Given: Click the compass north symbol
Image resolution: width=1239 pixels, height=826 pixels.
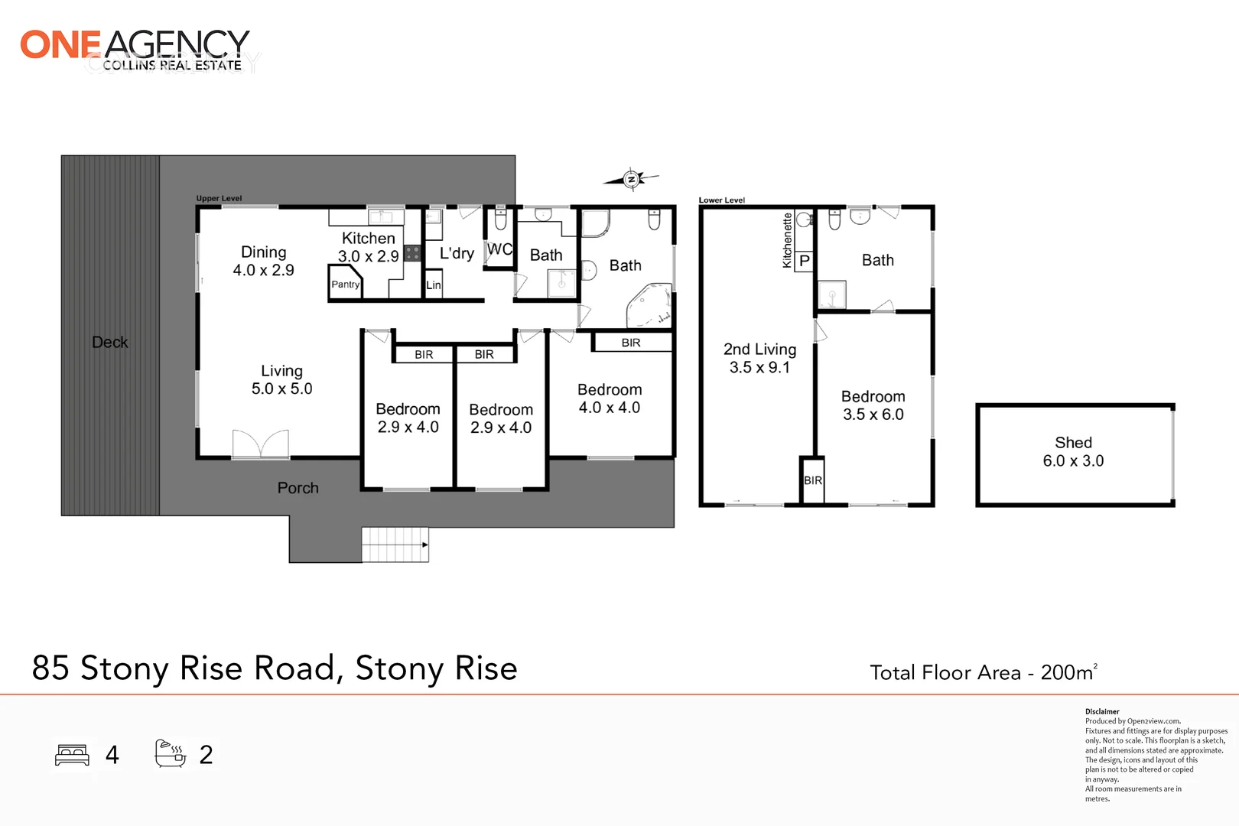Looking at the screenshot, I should tap(631, 179).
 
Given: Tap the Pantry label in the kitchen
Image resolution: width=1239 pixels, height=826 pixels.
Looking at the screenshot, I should tap(345, 285).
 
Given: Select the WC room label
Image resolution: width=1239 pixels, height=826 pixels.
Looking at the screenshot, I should tap(499, 249).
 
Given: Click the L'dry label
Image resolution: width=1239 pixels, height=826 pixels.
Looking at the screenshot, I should tap(457, 253).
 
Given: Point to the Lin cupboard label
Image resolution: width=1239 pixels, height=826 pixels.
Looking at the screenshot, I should tap(434, 285).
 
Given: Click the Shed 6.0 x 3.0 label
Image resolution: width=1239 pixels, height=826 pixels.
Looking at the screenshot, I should tap(1073, 452).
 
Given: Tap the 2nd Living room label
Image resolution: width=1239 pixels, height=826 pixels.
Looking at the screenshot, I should tap(759, 358).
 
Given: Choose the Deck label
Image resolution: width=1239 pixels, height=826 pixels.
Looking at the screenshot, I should tap(110, 343).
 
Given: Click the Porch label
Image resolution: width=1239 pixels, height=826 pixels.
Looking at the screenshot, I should tap(298, 488).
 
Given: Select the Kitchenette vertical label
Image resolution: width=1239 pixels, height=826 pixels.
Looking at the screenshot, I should tap(787, 240).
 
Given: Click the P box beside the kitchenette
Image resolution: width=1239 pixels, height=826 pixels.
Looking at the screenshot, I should tap(804, 261).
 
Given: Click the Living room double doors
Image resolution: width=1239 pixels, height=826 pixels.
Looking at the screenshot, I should tap(261, 444).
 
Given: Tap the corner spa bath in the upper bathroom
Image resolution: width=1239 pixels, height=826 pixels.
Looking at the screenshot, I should tap(649, 306).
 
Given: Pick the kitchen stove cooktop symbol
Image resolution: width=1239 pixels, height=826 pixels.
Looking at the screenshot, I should tap(412, 253).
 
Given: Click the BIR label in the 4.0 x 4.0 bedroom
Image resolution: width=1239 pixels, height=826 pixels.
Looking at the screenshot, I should tap(631, 343).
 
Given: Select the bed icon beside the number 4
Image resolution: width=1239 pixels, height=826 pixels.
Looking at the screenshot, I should tap(73, 755).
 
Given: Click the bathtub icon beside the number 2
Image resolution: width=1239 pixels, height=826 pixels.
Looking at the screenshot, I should tap(170, 754).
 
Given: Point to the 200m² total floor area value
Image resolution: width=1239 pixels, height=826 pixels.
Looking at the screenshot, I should tap(1068, 672).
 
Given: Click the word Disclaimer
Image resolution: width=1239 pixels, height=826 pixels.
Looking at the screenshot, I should tap(1102, 711).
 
